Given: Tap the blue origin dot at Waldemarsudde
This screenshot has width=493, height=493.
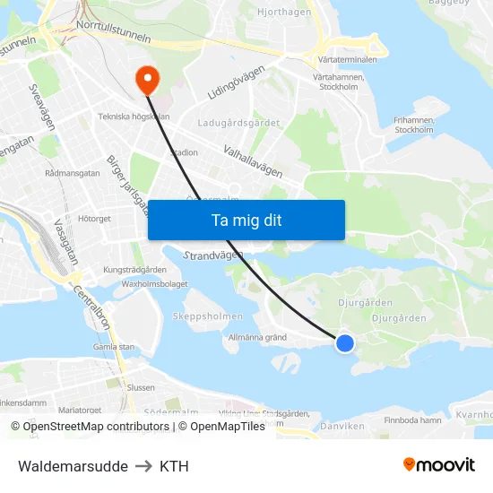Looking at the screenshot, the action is tap(344, 342).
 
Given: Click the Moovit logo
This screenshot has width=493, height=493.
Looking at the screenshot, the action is tap(438, 465).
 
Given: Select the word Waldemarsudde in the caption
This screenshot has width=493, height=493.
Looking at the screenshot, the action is tap(73, 466).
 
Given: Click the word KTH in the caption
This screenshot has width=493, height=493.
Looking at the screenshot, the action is tap(174, 466).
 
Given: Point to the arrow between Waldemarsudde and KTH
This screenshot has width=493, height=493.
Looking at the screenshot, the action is tap(143, 466).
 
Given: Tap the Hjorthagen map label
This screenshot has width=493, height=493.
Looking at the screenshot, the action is tap(283, 12).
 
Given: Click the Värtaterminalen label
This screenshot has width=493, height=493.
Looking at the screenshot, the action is tap(347, 59).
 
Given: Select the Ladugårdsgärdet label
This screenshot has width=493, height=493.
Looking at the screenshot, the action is tap(239, 123).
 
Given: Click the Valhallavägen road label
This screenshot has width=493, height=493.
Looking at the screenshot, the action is tap(253, 162).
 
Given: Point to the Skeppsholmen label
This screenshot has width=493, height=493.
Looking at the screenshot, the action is tap(206, 316).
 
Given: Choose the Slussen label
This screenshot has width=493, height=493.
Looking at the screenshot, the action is tap(141, 387).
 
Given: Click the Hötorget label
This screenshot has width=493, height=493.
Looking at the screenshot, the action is tap(94, 218).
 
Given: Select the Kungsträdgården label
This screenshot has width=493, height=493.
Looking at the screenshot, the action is tap(135, 269).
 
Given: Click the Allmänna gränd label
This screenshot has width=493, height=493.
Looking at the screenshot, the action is tap(257, 338).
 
